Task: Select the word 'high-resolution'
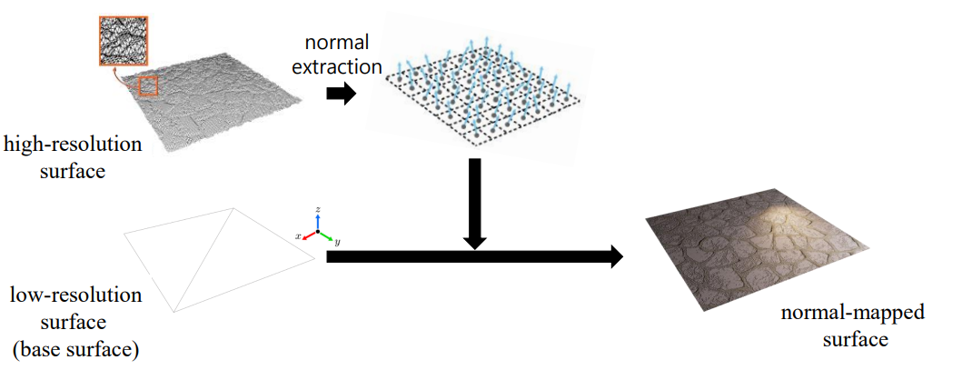tap(74, 145)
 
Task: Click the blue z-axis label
tap(317, 209)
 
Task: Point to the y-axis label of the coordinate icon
tap(337, 243)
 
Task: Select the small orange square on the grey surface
tap(148, 85)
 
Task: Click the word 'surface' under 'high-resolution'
tap(74, 169)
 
